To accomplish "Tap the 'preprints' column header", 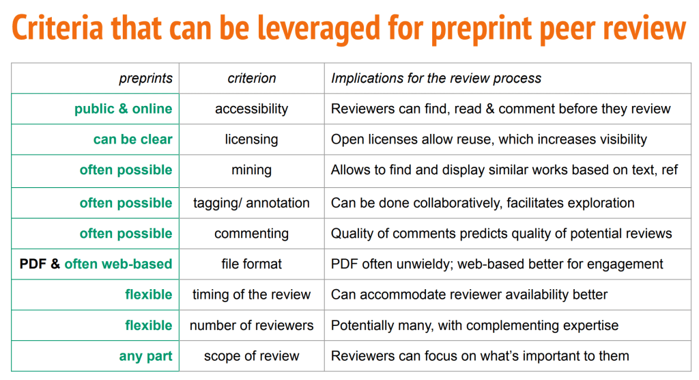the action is [145, 79].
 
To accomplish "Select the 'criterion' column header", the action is [251, 78].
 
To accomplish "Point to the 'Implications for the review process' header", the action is [436, 79].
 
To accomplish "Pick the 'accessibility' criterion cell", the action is [251, 109].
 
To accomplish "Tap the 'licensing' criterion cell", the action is [251, 139].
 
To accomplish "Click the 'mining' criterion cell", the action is [251, 170].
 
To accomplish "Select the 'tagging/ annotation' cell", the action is [251, 203].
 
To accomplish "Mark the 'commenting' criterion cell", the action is [251, 234].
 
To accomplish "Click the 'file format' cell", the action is [251, 264].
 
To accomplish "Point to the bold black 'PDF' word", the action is [33, 264].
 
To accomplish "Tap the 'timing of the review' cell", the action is [251, 295].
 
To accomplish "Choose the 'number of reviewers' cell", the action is [251, 325].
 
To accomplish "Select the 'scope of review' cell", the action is [251, 356].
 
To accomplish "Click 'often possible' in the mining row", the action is [126, 170].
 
